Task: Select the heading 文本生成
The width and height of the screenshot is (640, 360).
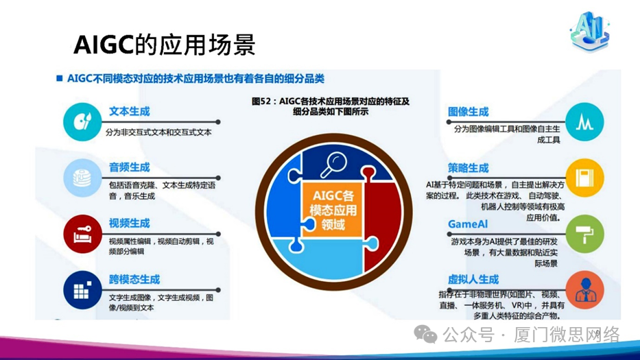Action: [129, 111]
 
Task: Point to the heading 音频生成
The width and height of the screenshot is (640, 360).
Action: [129, 167]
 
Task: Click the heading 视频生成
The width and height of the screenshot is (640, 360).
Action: [129, 224]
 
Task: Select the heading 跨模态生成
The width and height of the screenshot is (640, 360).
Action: [134, 280]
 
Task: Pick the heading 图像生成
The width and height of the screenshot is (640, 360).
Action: [469, 112]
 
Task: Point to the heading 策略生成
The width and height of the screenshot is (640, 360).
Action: [469, 168]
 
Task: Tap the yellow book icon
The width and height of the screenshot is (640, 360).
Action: [584, 178]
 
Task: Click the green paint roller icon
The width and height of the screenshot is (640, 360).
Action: [584, 234]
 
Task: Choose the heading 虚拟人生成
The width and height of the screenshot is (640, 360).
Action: [473, 280]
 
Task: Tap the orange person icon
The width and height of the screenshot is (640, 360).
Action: [584, 290]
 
